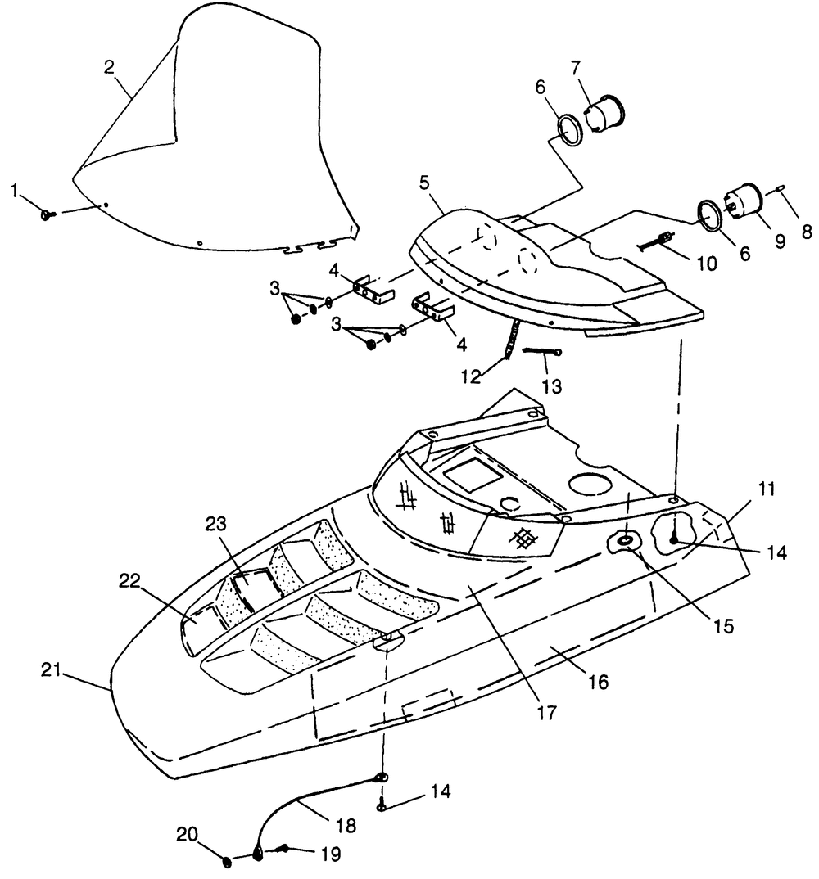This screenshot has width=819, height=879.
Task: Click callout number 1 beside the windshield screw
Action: point(14,192)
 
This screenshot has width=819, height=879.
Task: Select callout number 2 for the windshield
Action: point(109,67)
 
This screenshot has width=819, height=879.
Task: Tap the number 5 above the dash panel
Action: point(423,183)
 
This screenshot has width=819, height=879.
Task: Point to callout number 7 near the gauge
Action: point(576,69)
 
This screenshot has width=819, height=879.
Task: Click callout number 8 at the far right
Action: point(807,232)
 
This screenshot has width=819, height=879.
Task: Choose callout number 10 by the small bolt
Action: point(706,263)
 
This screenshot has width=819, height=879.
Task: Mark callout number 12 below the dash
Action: point(471,376)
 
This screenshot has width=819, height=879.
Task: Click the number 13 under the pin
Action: point(552,386)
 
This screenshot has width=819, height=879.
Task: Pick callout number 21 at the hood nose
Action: point(51,670)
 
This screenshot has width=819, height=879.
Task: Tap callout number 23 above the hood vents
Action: point(215,524)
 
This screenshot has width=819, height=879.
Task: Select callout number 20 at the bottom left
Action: point(188,835)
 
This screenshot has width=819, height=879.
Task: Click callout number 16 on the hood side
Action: point(598,683)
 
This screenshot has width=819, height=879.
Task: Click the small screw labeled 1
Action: point(48,214)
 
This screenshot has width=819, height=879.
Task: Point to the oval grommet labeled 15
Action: point(623,541)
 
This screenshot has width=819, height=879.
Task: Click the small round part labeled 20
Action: point(227,862)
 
